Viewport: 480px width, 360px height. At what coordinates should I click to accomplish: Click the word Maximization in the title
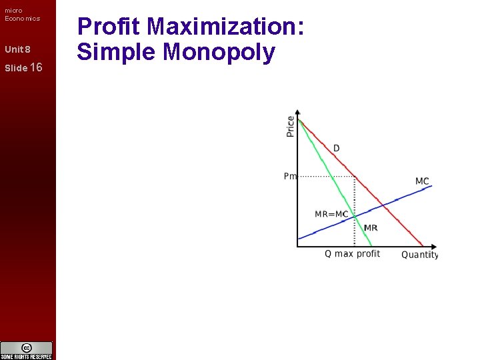[226, 27]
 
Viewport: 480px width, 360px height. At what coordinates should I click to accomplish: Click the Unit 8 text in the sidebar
[17, 49]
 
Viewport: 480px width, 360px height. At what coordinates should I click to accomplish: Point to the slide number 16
[36, 67]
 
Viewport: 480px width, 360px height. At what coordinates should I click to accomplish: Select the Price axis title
[290, 126]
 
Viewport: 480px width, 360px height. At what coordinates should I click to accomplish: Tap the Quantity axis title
[419, 255]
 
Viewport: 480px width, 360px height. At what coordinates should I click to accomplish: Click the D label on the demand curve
[336, 147]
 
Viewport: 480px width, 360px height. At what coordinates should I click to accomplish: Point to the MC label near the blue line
[422, 181]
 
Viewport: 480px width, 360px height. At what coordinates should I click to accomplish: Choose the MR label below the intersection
[371, 228]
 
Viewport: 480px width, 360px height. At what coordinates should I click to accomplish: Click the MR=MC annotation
[331, 214]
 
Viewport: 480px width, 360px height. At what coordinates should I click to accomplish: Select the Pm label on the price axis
[290, 176]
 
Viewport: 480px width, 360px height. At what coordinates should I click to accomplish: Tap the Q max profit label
[352, 254]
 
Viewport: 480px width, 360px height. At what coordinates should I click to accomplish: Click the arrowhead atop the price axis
[297, 112]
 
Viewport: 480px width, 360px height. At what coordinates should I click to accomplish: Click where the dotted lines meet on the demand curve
[354, 177]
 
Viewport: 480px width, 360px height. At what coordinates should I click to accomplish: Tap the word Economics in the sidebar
[22, 18]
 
